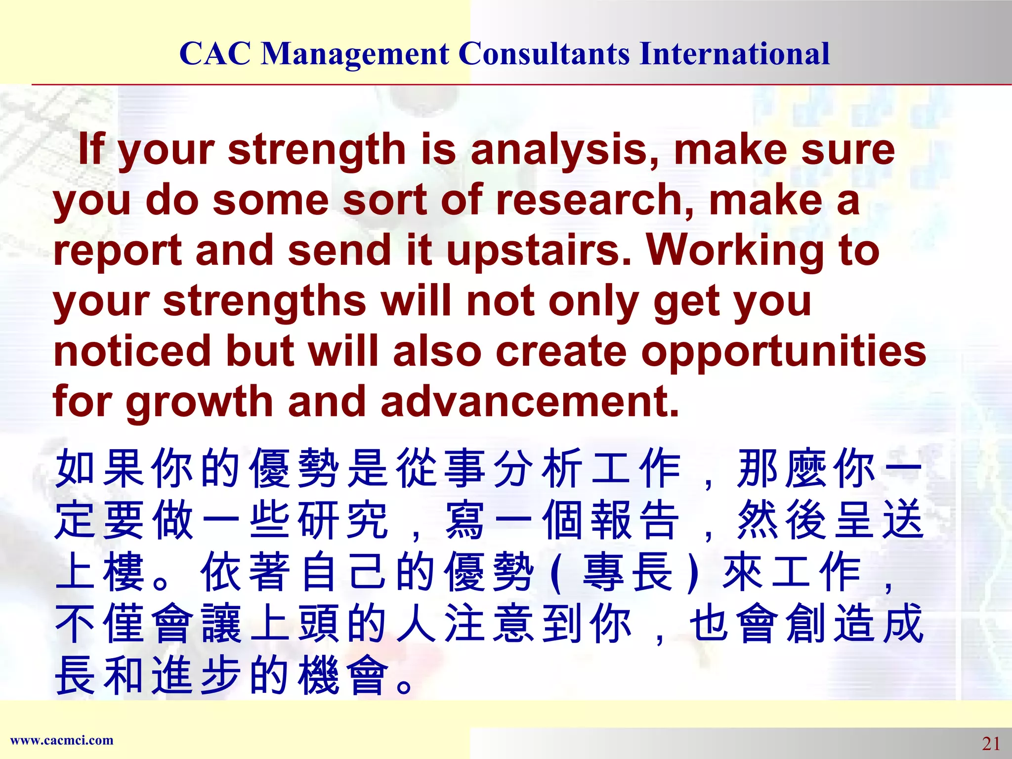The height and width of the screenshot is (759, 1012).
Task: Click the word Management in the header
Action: [355, 54]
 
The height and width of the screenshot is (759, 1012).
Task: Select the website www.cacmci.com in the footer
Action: [62, 740]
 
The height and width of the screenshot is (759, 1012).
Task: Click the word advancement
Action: [530, 401]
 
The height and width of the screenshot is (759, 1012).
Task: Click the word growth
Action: [200, 402]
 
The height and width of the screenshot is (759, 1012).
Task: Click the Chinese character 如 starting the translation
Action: [75, 468]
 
